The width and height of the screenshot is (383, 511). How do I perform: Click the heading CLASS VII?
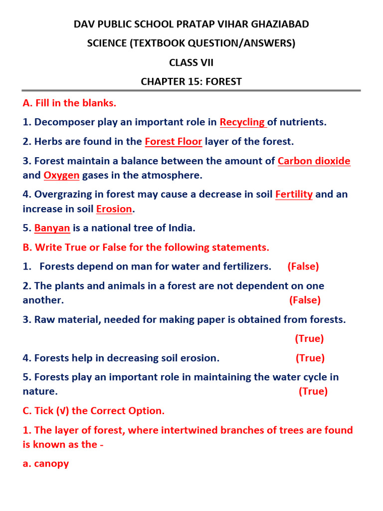tap(191, 62)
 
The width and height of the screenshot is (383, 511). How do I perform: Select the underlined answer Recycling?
tap(242, 122)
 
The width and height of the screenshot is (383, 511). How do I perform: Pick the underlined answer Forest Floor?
tap(174, 142)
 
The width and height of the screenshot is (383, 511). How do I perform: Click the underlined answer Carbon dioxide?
tap(314, 161)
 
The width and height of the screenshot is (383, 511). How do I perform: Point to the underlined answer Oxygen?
tap(61, 175)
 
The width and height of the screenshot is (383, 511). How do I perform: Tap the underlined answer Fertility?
tap(294, 195)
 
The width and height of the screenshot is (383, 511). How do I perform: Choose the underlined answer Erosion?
tap(114, 209)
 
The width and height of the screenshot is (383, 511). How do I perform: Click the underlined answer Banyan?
tap(52, 228)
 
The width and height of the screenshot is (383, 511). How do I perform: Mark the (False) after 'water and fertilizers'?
tap(303, 266)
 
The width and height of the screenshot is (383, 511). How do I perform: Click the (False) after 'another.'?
tap(305, 300)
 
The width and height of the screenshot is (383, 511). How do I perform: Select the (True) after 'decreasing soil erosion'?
tap(310, 358)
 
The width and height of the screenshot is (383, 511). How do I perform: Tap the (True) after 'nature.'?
tap(313, 391)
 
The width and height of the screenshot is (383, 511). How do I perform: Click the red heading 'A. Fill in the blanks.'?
tap(69, 103)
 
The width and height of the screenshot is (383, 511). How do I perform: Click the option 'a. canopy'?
tap(46, 464)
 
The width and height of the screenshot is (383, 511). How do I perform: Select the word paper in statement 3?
tap(213, 319)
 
